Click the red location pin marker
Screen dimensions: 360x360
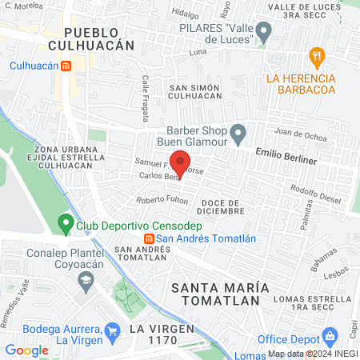pyautogui.click(x=181, y=162)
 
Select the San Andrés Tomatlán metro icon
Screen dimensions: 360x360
pyautogui.click(x=149, y=238)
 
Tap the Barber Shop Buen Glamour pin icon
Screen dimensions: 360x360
pyautogui.click(x=238, y=133)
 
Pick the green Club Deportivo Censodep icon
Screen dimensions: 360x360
pyautogui.click(x=66, y=224)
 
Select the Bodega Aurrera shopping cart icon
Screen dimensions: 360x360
pyautogui.click(x=113, y=330)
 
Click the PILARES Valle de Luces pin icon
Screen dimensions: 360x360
pyautogui.click(x=263, y=32)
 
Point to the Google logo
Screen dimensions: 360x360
pyautogui.click(x=27, y=350)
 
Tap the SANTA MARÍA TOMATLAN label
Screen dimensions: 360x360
pyautogui.click(x=215, y=293)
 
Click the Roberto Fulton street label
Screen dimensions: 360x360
pyautogui.click(x=162, y=200)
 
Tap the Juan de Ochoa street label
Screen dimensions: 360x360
pyautogui.click(x=300, y=134)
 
